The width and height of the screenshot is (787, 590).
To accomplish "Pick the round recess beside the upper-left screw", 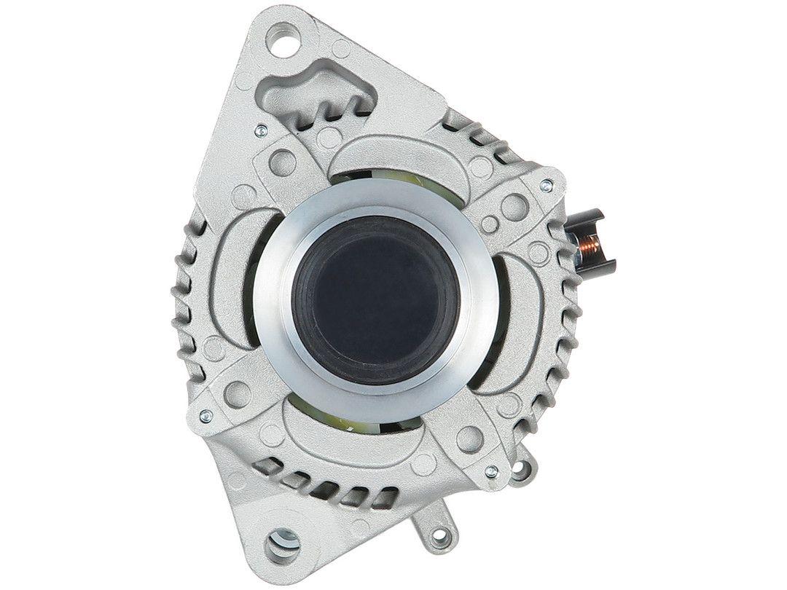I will [283, 162].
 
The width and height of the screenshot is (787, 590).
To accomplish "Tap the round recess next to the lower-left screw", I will [235, 393].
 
